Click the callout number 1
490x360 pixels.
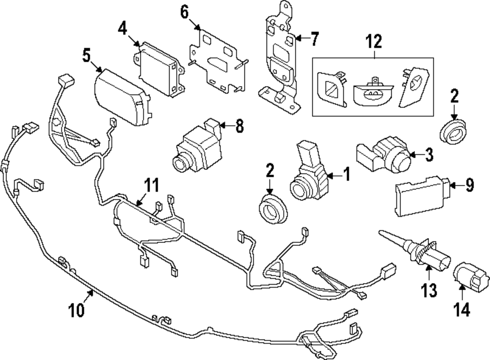pyautogui.click(x=346, y=174)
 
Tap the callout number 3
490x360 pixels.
pyautogui.click(x=429, y=156)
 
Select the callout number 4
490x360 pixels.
pyautogui.click(x=122, y=29)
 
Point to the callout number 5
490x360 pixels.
pyautogui.click(x=87, y=56)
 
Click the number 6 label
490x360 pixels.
pyautogui.click(x=184, y=12)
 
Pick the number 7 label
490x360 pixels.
pyautogui.click(x=314, y=38)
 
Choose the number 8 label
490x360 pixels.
pyautogui.click(x=239, y=127)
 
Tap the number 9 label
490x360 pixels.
pyautogui.click(x=469, y=186)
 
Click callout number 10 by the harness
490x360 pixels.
pyautogui.click(x=77, y=310)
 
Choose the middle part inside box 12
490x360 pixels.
pyautogui.click(x=374, y=90)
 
